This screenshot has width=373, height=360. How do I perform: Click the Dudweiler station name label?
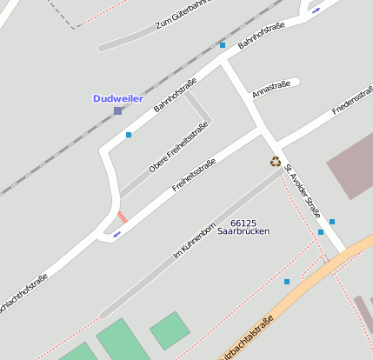117,99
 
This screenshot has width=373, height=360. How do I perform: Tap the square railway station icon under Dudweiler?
118,111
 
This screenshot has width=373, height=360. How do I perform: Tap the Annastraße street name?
270,89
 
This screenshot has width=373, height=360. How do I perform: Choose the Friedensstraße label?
352,102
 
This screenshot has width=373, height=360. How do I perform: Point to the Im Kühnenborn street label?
193,235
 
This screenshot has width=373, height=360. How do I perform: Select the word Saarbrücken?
243,232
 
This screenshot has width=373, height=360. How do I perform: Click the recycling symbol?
276,161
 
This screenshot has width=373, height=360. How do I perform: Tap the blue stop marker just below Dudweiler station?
129,135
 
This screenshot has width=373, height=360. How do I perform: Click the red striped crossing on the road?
122,216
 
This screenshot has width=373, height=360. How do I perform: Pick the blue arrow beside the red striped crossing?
117,234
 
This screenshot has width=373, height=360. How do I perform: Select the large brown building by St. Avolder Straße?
351,166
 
